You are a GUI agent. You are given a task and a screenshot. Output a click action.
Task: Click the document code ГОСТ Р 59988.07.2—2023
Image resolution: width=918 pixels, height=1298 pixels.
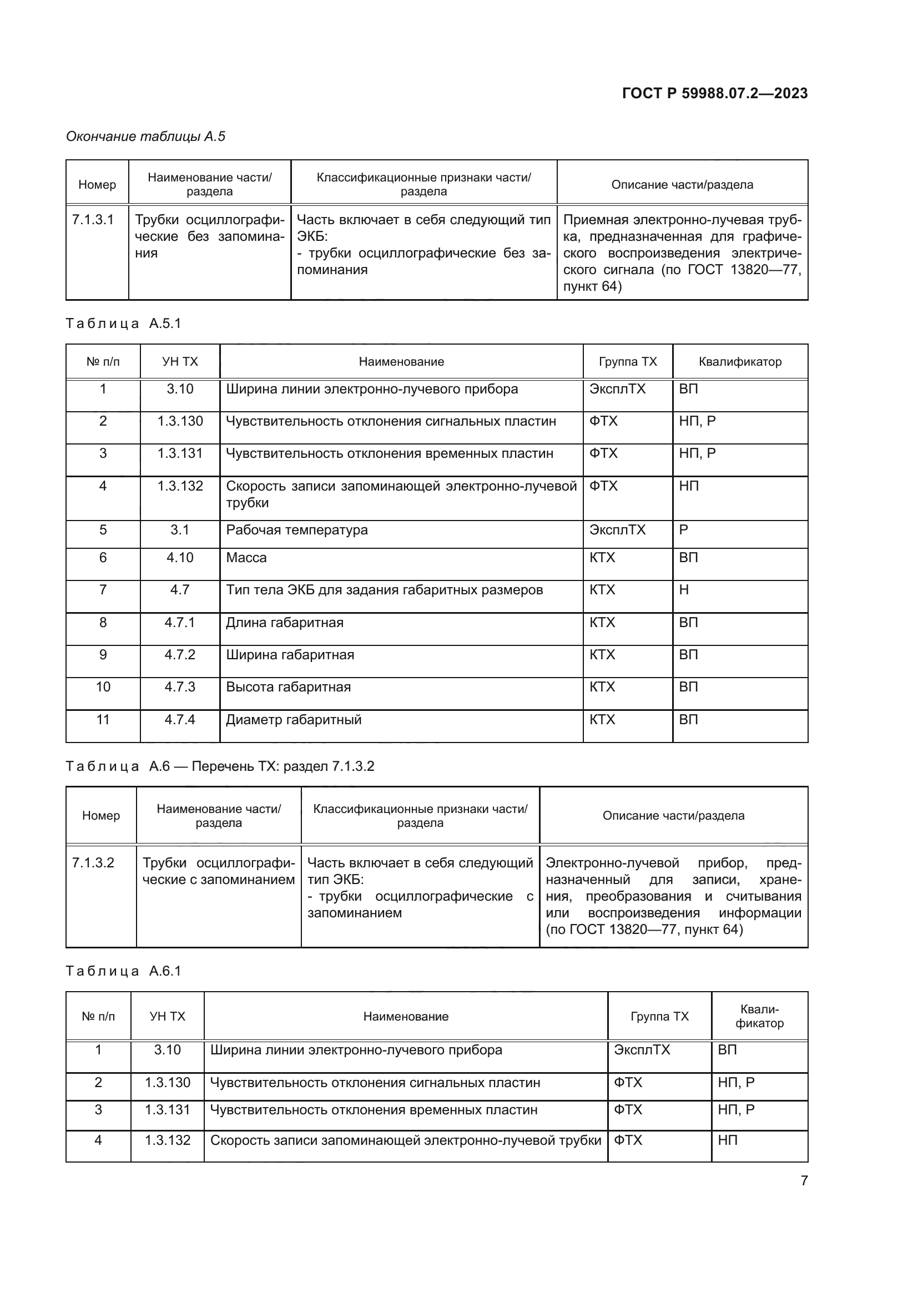pyautogui.click(x=714, y=93)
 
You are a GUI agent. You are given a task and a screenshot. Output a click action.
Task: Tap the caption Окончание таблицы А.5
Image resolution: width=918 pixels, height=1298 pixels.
pyautogui.click(x=145, y=137)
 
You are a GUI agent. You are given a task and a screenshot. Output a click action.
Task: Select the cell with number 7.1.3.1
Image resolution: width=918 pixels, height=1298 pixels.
pyautogui.click(x=93, y=220)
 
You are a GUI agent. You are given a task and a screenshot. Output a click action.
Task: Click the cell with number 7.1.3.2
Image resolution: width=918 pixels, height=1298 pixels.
pyautogui.click(x=93, y=863)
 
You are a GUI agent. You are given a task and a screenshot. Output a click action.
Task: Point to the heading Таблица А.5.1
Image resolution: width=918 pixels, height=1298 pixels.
pyautogui.click(x=123, y=324)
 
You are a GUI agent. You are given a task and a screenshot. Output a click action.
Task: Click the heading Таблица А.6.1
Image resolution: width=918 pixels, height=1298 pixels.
pyautogui.click(x=123, y=971)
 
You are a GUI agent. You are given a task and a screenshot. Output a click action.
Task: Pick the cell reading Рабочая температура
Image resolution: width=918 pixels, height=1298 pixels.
pyautogui.click(x=297, y=531)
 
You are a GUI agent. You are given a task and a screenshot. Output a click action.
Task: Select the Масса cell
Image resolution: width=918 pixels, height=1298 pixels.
pyautogui.click(x=246, y=558)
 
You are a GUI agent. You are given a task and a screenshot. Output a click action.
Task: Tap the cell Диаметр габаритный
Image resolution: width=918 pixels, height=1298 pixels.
pyautogui.click(x=294, y=720)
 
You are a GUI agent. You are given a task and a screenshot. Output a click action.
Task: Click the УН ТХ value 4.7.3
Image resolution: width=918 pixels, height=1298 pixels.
pyautogui.click(x=180, y=687)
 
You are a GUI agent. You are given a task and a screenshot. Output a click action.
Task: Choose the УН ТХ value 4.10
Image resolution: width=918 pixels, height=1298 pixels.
pyautogui.click(x=180, y=558)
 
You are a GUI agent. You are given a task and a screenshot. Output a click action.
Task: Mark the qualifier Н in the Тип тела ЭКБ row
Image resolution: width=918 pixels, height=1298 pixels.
pyautogui.click(x=684, y=590)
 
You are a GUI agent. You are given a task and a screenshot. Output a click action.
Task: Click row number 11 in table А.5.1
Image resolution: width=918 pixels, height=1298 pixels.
pyautogui.click(x=103, y=720)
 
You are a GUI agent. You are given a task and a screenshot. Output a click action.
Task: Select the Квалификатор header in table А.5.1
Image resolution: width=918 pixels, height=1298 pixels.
pyautogui.click(x=740, y=362)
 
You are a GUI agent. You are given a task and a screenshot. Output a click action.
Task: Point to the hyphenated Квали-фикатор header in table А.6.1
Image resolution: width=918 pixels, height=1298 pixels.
pyautogui.click(x=759, y=1017)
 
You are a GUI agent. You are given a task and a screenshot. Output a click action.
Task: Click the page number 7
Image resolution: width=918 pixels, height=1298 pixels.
pyautogui.click(x=804, y=1180)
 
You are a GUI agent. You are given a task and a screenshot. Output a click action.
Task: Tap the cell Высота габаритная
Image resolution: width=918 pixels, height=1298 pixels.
pyautogui.click(x=288, y=687)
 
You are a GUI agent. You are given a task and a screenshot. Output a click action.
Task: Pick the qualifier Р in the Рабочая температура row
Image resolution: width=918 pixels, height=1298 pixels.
pyautogui.click(x=683, y=531)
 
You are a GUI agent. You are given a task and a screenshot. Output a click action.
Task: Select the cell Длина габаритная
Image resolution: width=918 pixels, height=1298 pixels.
pyautogui.click(x=284, y=623)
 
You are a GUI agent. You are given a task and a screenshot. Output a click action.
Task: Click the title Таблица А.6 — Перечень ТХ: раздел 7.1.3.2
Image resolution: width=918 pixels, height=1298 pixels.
pyautogui.click(x=220, y=766)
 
